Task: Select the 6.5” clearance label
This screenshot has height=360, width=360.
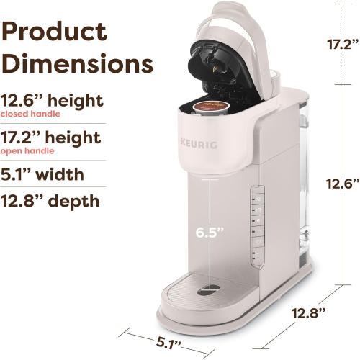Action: pos(210,233)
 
